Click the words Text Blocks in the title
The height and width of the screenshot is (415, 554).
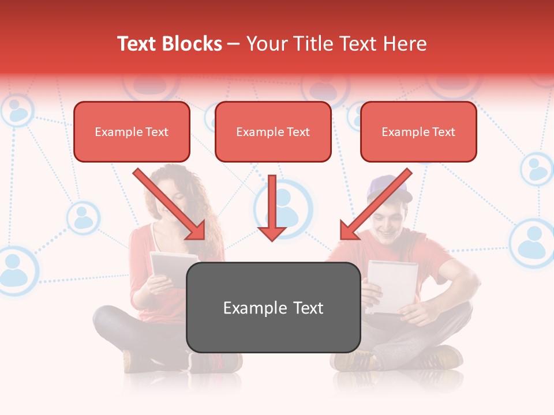[x=169, y=44]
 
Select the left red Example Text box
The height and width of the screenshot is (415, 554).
[x=132, y=132]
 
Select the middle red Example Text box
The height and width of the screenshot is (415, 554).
[x=273, y=132]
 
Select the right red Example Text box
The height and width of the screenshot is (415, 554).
[x=418, y=132]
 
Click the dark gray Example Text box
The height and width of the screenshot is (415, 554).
[x=273, y=308]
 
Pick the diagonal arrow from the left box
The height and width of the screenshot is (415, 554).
[x=170, y=205]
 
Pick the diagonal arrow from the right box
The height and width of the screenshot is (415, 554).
[x=375, y=205]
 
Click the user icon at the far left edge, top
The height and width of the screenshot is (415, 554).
[x=17, y=110]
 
